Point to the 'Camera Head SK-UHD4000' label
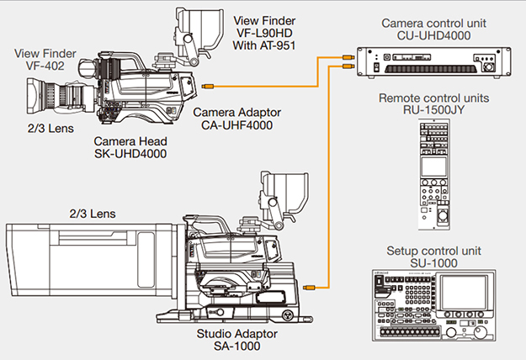(130, 148)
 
